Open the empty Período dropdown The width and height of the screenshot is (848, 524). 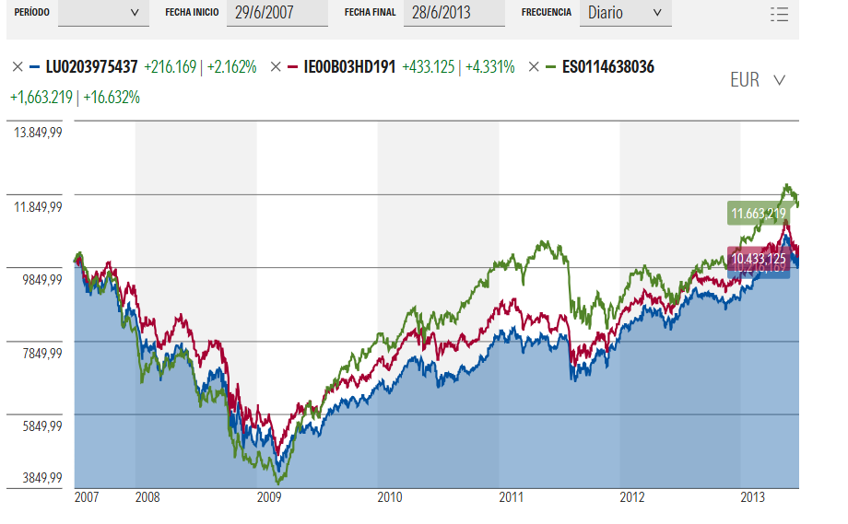point(102,13)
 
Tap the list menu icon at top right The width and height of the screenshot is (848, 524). point(779,14)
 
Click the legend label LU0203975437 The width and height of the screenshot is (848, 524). point(91,67)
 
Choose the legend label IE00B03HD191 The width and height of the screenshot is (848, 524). point(349,67)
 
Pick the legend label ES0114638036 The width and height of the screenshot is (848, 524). point(607,67)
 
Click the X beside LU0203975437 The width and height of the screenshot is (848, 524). point(17,67)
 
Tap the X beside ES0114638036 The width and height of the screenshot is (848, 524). point(534,67)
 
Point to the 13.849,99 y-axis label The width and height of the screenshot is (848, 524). point(38,134)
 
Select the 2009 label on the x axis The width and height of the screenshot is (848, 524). point(268,497)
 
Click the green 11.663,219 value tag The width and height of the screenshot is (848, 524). point(758,214)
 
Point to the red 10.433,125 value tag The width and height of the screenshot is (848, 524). point(758,259)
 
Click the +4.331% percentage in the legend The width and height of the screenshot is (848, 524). point(489,67)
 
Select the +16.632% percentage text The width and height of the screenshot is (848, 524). point(112,97)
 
